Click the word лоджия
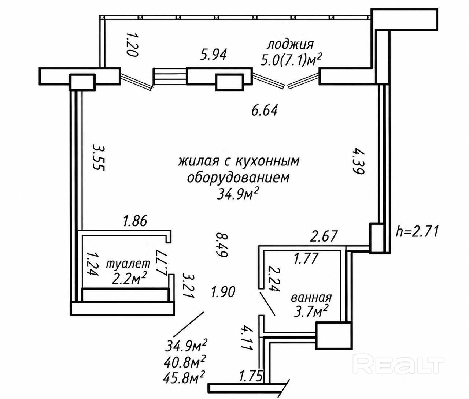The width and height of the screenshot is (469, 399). (290, 45)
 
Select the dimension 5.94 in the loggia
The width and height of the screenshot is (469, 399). (213, 55)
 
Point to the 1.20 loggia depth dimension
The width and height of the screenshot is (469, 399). (132, 45)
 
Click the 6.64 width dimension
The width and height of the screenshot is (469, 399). (265, 111)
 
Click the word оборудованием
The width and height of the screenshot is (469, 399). (238, 178)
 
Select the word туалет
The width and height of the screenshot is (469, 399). (128, 263)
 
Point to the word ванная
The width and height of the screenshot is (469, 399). (311, 298)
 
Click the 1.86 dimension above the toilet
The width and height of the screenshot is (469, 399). (135, 221)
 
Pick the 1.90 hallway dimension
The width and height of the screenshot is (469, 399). (223, 292)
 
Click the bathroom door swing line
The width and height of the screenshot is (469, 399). (268, 304)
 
